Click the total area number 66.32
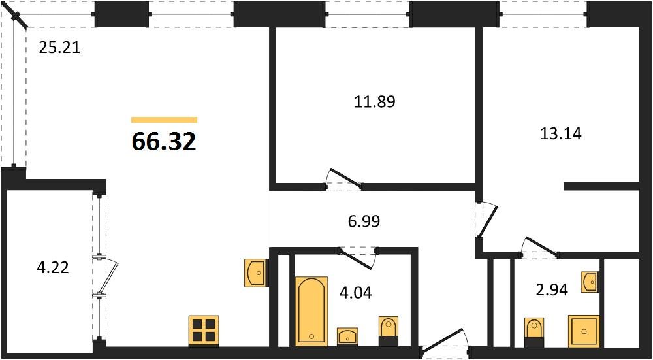click(x=164, y=142)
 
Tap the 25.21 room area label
click(x=59, y=48)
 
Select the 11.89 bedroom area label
click(x=374, y=101)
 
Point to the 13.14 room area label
click(x=560, y=134)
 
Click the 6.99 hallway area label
click(x=364, y=221)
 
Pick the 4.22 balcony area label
click(x=52, y=267)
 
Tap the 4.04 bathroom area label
click(x=356, y=293)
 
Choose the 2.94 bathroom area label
click(x=552, y=289)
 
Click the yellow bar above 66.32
click(x=164, y=120)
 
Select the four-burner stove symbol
click(x=204, y=331)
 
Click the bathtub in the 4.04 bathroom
click(x=311, y=311)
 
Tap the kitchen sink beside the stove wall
click(x=255, y=273)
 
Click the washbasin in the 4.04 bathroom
click(x=347, y=336)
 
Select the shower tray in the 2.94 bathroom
click(x=584, y=331)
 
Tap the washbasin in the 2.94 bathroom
click(x=590, y=282)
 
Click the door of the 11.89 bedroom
click(x=344, y=180)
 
